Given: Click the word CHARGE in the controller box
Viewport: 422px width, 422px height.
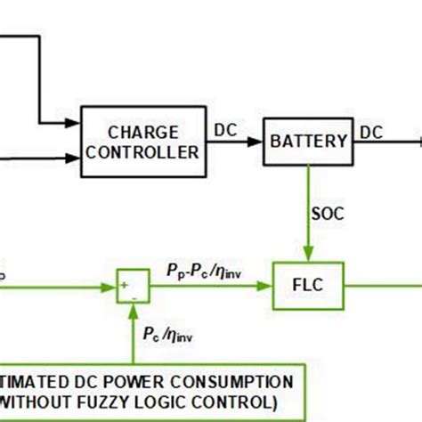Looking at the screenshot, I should [142, 132].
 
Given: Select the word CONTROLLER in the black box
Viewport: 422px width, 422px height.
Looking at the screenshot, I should [142, 152].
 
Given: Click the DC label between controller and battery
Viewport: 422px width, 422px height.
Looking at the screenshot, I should [227, 130].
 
